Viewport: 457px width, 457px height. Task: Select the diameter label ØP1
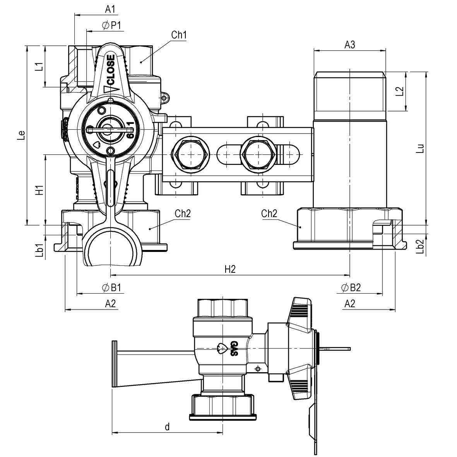[112, 25]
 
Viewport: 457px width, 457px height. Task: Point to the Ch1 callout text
[179, 35]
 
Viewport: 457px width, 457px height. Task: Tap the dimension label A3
[350, 45]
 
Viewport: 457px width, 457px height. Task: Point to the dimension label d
[167, 427]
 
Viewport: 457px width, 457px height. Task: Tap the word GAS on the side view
[234, 348]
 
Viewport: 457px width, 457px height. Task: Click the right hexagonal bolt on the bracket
[258, 154]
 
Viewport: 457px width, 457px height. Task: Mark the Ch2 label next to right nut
[269, 214]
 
